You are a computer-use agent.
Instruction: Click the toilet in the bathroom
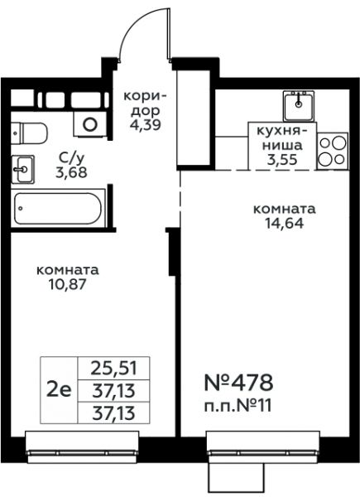click(29, 133)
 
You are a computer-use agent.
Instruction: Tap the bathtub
click(58, 208)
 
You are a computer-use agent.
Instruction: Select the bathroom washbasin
click(22, 170)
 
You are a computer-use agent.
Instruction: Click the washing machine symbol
click(90, 124)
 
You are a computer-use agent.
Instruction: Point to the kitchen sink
click(299, 106)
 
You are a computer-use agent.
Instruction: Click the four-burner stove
click(332, 151)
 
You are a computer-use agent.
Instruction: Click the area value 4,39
click(146, 124)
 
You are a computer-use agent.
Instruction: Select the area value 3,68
click(71, 172)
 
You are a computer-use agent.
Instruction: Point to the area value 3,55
click(282, 159)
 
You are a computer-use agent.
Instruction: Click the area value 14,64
click(285, 224)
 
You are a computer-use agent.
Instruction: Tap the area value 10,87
click(67, 284)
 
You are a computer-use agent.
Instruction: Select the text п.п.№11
click(238, 406)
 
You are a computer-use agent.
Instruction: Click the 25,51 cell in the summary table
click(113, 369)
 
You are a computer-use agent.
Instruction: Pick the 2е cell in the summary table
click(59, 390)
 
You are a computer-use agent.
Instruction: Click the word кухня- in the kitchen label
click(282, 131)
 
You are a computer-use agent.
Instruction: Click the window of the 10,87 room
click(82, 447)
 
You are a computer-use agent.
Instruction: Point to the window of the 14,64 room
click(263, 447)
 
